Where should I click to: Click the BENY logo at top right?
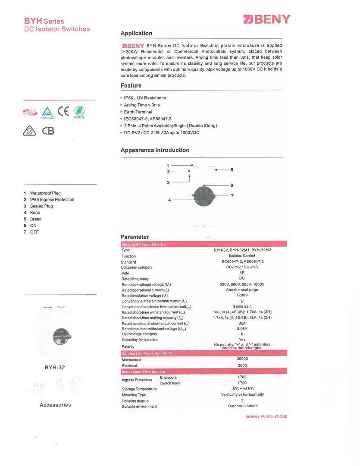267,19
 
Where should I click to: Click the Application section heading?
136,33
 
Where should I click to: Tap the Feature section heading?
131,85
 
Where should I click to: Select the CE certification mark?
63,111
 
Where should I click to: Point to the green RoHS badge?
79,112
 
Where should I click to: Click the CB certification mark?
48,130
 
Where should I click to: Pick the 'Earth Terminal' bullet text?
138,112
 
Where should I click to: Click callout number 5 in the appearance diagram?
232,170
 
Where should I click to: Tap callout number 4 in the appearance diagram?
170,200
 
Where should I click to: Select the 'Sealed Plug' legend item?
41,206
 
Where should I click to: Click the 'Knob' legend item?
35,213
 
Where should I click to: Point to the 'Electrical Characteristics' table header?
144,245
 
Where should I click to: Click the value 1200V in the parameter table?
242,296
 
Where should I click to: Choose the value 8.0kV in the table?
242,329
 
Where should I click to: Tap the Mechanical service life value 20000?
242,359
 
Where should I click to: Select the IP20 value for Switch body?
242,383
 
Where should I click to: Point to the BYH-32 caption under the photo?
55,368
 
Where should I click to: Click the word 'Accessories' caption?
55,405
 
